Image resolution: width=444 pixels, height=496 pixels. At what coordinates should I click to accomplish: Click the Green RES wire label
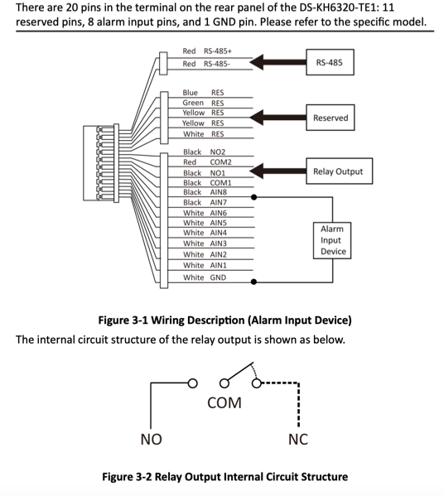[x=203, y=104]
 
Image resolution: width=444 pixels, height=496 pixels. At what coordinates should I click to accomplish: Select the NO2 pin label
[x=217, y=152]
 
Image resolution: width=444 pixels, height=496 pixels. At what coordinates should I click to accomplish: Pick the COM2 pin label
[x=220, y=162]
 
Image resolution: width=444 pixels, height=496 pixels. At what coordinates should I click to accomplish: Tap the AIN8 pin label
[x=219, y=192]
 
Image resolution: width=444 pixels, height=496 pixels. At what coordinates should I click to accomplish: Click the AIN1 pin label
[x=219, y=266]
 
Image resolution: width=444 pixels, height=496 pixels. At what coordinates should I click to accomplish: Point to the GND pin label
[x=218, y=277]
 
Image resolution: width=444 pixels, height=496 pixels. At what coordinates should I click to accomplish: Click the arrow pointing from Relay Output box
[x=277, y=171]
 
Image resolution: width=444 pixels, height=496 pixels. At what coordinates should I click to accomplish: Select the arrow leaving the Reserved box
[x=277, y=118]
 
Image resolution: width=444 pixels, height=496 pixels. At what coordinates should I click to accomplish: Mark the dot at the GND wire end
[x=253, y=282]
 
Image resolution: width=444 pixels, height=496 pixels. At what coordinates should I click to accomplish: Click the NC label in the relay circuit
[x=298, y=440]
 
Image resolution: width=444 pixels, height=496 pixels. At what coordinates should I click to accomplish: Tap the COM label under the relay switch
[x=224, y=402]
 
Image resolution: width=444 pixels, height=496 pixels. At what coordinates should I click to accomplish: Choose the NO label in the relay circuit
[x=152, y=440]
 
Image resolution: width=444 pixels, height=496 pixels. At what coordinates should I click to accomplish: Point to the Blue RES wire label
[x=203, y=93]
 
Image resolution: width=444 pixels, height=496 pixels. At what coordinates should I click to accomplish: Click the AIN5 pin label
[x=219, y=223]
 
